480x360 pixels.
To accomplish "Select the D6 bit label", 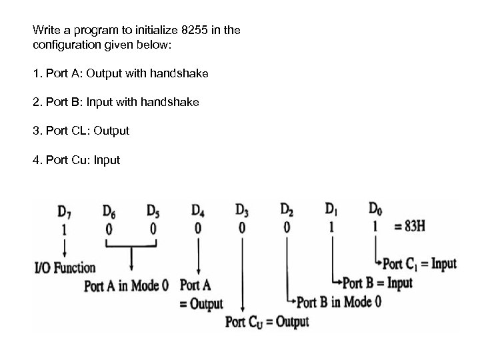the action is click(x=109, y=211).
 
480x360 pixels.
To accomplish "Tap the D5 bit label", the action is click(x=153, y=211).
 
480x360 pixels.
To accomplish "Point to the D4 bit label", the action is click(x=198, y=211).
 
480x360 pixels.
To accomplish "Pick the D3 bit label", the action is click(x=242, y=211).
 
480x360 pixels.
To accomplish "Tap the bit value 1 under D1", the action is click(x=331, y=227).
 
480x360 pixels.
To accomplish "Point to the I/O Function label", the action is click(x=64, y=268).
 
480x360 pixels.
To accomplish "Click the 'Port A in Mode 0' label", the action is click(x=131, y=286).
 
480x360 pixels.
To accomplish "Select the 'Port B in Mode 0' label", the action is click(x=339, y=301).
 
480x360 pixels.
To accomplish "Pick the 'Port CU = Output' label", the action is click(x=267, y=322).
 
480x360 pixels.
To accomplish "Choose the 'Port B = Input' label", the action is click(x=378, y=283).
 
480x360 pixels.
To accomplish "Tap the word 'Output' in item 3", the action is click(x=111, y=131).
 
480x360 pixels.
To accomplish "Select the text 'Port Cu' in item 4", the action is click(x=67, y=159).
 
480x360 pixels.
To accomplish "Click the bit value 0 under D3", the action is click(x=242, y=228).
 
